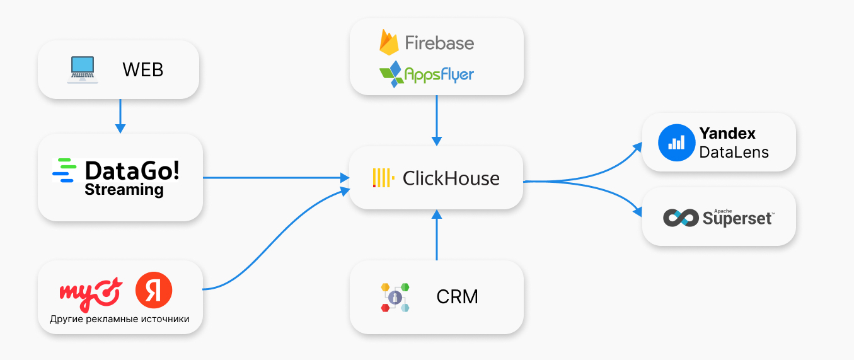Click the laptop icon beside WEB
point(82,69)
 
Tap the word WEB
point(142,69)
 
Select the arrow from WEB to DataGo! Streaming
point(120,116)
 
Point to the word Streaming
point(124,190)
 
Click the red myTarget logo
point(90,293)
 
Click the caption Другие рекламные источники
point(120,319)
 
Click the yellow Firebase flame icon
point(389,42)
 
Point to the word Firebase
point(439,43)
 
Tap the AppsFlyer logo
point(427,74)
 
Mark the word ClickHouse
point(451,178)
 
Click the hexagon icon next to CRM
point(395,297)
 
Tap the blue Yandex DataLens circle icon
point(676,142)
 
